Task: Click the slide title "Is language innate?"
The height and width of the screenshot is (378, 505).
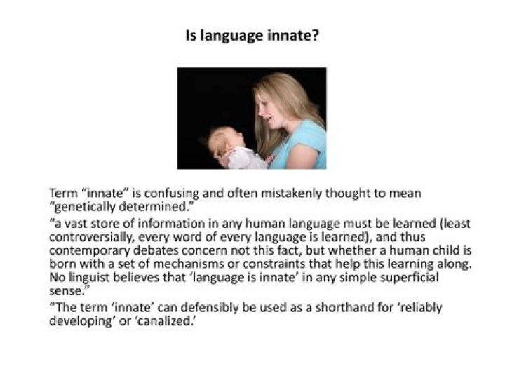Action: [x=252, y=36]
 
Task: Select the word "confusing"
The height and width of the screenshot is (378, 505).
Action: [x=171, y=194]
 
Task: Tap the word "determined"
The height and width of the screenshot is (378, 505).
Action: [x=154, y=206]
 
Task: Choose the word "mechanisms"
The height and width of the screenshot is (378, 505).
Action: [x=188, y=264]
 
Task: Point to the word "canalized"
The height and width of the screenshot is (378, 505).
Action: [x=165, y=321]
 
